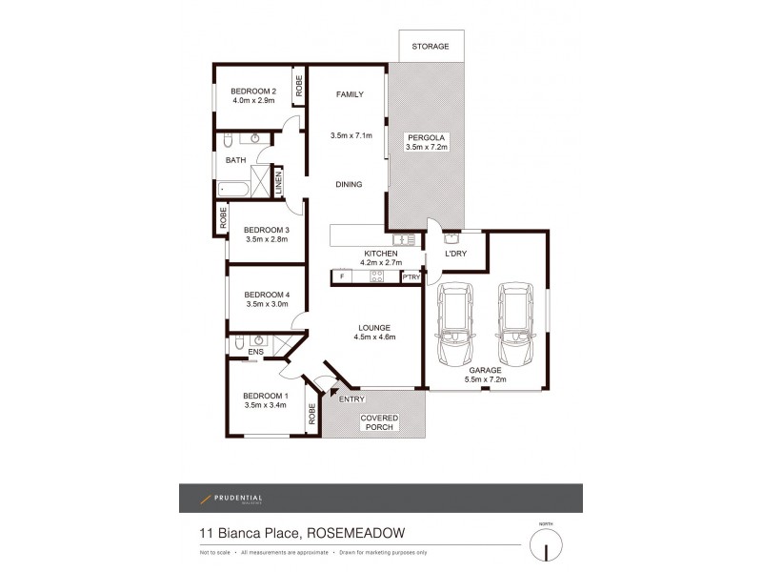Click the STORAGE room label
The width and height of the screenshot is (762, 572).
(430, 47)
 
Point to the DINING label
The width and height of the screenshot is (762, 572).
(348, 184)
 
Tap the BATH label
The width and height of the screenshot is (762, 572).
(235, 160)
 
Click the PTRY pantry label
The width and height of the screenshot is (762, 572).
(411, 277)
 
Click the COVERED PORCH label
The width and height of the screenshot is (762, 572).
(378, 422)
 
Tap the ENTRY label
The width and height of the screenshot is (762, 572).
(351, 399)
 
